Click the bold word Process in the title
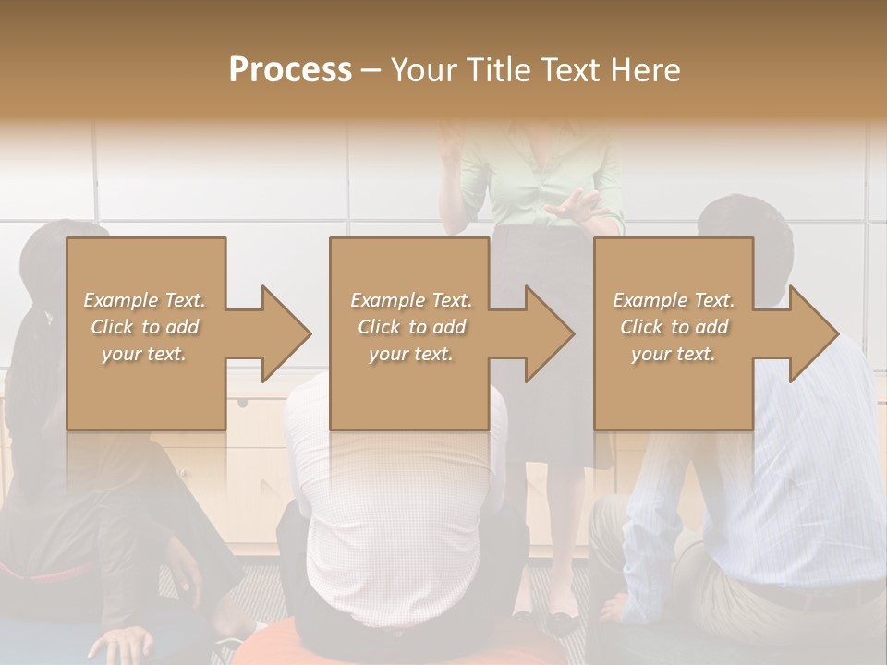click(x=290, y=70)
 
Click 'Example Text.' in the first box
click(x=144, y=300)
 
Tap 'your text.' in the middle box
click(x=410, y=354)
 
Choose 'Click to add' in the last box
click(x=674, y=327)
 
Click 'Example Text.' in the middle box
click(x=410, y=300)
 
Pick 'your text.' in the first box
click(x=144, y=354)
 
